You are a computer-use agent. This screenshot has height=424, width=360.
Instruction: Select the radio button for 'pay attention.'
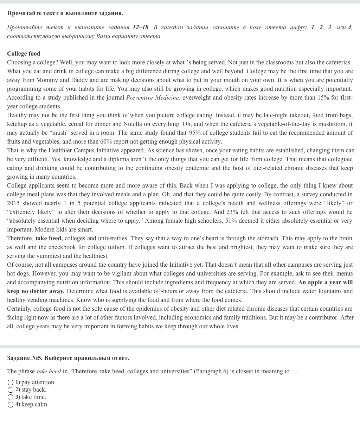[11, 382]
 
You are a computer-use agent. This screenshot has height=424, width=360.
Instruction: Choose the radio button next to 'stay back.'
[11, 390]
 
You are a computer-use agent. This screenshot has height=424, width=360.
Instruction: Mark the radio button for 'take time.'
[11, 397]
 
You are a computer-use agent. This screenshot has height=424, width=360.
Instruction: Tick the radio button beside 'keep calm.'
[11, 405]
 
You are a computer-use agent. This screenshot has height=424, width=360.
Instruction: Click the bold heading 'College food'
[24, 54]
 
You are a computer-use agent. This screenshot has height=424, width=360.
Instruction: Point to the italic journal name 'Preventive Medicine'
[153, 98]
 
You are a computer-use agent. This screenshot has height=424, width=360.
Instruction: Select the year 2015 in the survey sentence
[14, 203]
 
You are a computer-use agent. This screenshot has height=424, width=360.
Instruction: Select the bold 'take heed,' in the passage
[49, 239]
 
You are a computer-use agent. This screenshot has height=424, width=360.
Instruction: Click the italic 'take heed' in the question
[49, 372]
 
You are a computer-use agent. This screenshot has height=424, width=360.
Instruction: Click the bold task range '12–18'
[141, 27]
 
